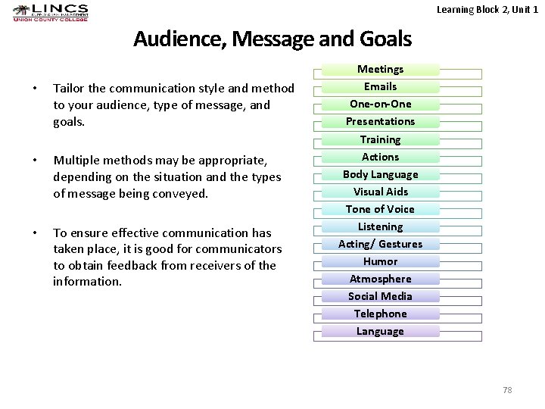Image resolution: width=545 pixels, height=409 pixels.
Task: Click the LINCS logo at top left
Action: (51, 13)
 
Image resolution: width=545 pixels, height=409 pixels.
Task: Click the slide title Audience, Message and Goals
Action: (272, 39)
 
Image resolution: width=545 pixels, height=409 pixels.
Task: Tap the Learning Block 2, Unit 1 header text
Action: (487, 8)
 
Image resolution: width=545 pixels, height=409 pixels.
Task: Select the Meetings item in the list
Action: (380, 69)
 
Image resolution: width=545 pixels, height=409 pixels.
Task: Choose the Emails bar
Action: (380, 86)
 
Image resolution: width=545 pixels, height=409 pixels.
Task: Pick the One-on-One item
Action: (380, 104)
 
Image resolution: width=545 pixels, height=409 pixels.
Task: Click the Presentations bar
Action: (380, 121)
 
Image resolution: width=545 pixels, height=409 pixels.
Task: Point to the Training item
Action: (380, 139)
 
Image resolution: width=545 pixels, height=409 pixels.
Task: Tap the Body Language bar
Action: (380, 174)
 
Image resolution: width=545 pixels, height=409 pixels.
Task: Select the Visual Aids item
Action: (380, 192)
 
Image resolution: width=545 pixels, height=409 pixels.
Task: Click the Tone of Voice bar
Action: (380, 209)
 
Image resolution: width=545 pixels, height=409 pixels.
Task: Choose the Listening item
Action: (380, 226)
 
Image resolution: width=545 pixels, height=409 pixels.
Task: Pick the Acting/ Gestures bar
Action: (380, 244)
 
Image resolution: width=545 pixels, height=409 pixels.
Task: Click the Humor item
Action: (380, 261)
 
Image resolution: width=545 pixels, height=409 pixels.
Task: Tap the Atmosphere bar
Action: (380, 279)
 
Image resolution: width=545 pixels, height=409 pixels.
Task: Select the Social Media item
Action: (380, 296)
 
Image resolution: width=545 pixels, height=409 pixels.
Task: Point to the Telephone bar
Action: (380, 314)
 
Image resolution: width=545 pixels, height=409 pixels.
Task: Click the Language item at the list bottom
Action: (380, 331)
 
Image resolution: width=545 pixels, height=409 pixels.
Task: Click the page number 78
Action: (507, 389)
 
